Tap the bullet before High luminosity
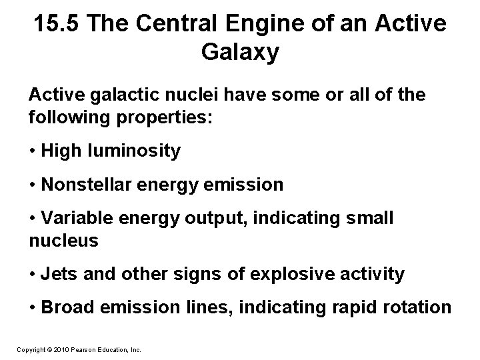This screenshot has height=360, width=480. click(x=33, y=151)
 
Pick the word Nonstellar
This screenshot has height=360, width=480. click(x=85, y=184)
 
